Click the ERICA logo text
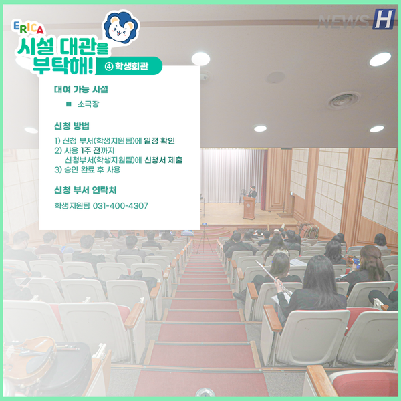[x=28, y=27]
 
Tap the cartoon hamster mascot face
[x=121, y=27]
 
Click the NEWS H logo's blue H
[x=384, y=19]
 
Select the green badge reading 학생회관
[x=129, y=66]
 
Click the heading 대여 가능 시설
[x=81, y=90]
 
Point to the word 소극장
[x=88, y=104]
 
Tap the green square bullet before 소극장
[x=69, y=104]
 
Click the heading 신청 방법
[x=72, y=126]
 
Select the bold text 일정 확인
[x=159, y=140]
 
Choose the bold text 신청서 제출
[x=164, y=160]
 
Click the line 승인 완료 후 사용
[x=87, y=170]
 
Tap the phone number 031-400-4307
[x=120, y=205]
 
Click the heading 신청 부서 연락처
[x=86, y=190]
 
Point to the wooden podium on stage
[x=249, y=208]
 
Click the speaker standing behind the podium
[x=252, y=192]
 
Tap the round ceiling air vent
[x=344, y=100]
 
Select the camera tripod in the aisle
[x=205, y=240]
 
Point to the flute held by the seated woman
[x=273, y=278]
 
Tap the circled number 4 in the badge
[x=109, y=66]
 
